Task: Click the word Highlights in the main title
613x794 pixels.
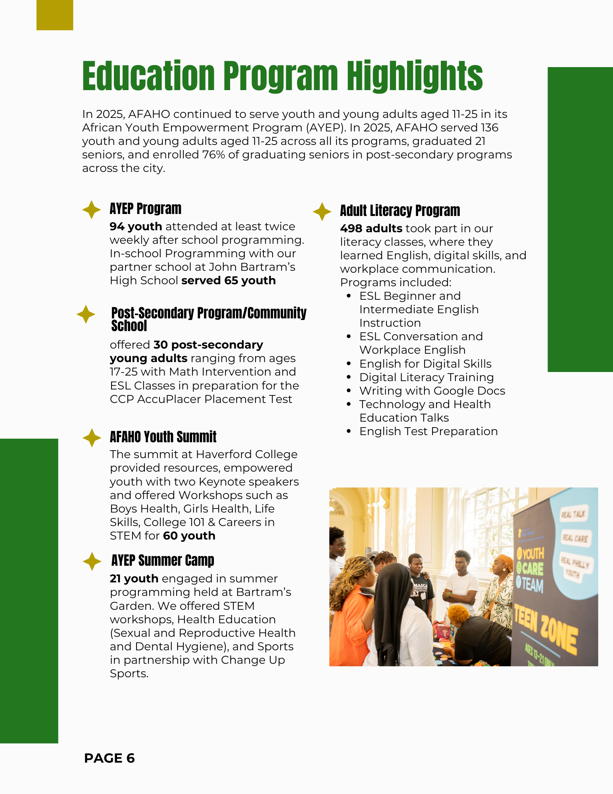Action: pyautogui.click(x=415, y=76)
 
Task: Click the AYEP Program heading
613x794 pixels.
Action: pyautogui.click(x=145, y=209)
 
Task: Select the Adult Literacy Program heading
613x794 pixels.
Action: pyautogui.click(x=400, y=211)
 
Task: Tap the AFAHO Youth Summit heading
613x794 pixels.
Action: pyautogui.click(x=163, y=437)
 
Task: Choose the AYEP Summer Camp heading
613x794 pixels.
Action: pyautogui.click(x=163, y=561)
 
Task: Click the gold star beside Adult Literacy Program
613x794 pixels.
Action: pyautogui.click(x=322, y=212)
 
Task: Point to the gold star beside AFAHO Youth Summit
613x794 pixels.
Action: pyautogui.click(x=92, y=438)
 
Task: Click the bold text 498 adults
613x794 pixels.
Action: pyautogui.click(x=371, y=229)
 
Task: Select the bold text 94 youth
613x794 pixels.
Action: pyautogui.click(x=136, y=227)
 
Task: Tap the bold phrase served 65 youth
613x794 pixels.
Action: pyautogui.click(x=229, y=281)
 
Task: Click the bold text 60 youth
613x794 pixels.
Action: pyautogui.click(x=189, y=536)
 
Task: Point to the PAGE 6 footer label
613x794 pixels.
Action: pyautogui.click(x=110, y=758)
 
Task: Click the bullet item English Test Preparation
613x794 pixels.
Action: pyautogui.click(x=428, y=432)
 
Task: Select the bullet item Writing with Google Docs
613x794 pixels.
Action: pyautogui.click(x=432, y=391)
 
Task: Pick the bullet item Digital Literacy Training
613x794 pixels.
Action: pyautogui.click(x=427, y=378)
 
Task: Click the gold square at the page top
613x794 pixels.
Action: pyautogui.click(x=55, y=15)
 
